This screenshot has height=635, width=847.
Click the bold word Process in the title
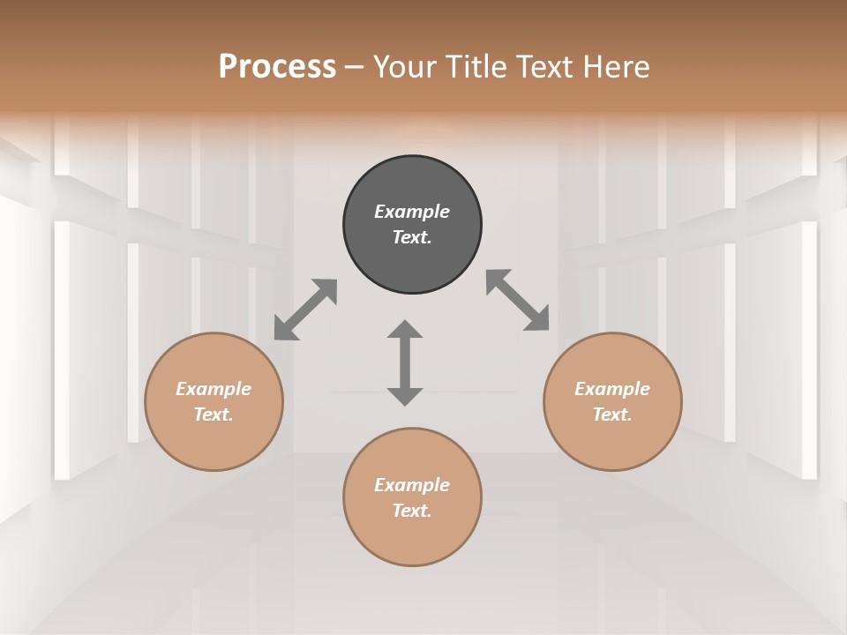click(277, 67)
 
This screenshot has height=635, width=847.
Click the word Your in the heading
click(402, 67)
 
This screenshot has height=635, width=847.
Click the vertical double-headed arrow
click(405, 363)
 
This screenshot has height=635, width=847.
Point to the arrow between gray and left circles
click(305, 310)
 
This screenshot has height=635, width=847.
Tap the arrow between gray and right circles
click(518, 301)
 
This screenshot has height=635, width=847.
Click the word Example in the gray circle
click(412, 212)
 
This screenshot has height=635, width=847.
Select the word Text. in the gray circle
click(412, 237)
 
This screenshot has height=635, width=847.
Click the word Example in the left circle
click(214, 389)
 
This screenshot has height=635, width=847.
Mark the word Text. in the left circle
click(214, 415)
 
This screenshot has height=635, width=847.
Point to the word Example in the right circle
click(612, 389)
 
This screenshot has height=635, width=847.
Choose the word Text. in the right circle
click(612, 415)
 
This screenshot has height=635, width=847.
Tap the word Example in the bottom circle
click(412, 485)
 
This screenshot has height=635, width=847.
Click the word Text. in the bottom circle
click(412, 511)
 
